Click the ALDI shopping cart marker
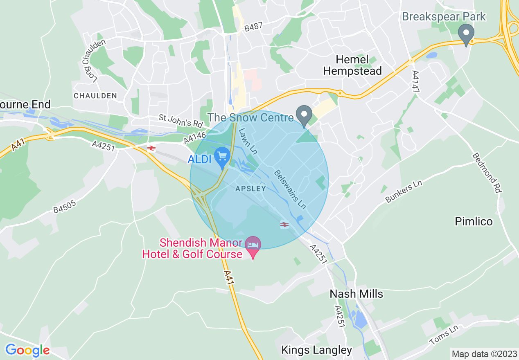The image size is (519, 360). point(222,157)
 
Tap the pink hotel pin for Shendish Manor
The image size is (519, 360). point(253,245)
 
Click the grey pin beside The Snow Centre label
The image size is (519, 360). point(304,115)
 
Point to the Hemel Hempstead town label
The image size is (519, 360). point(352,65)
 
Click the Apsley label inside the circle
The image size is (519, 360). point(250,189)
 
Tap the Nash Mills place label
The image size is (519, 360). point(356,294)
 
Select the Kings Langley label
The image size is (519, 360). point(316,350)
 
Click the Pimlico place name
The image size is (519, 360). point(474,221)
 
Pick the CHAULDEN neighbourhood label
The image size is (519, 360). point(95,96)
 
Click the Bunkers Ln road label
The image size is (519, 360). point(404,191)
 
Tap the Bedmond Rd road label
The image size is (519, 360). point(487,173)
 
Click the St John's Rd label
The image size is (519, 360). point(181,121)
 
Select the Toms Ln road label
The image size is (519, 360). point(445,337)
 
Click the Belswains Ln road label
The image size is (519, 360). point(290,189)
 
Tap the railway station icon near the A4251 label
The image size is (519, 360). point(151,148)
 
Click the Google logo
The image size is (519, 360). point(27,350)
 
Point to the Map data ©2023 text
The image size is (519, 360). point(483,353)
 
